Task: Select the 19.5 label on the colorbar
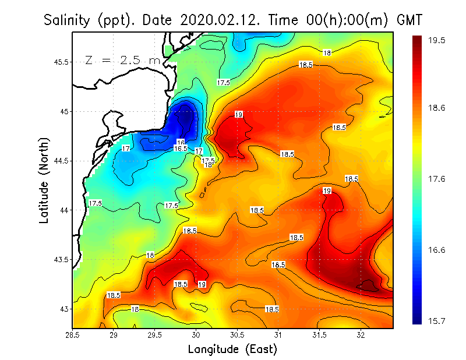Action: click(x=437, y=40)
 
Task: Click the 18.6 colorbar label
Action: click(x=437, y=108)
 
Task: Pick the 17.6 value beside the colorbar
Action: click(x=437, y=179)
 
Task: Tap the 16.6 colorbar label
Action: click(x=437, y=250)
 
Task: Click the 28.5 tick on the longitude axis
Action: click(x=73, y=335)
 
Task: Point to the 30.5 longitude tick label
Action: click(x=237, y=335)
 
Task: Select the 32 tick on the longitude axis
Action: click(x=361, y=335)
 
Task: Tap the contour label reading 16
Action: click(x=181, y=142)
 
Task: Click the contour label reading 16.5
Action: click(x=181, y=149)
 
